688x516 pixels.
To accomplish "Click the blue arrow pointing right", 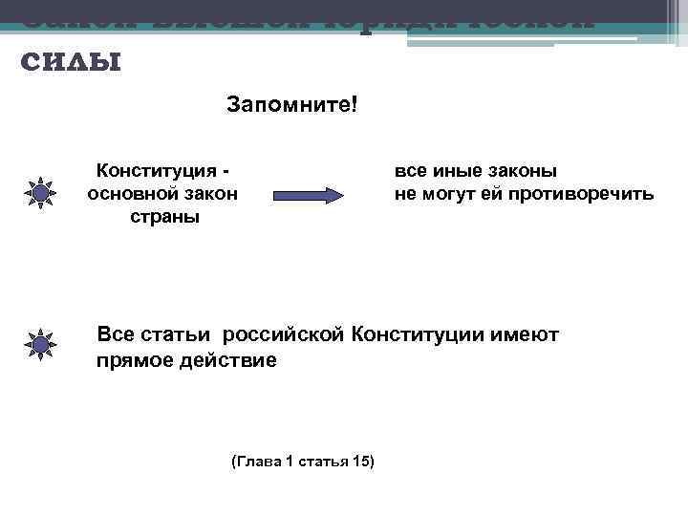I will point(308,195).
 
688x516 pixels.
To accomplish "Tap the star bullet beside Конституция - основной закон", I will point(41,194).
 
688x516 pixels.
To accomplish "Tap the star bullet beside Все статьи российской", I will point(41,344).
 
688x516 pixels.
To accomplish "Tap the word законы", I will point(522,171).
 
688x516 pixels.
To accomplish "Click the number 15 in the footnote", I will point(361,462).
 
